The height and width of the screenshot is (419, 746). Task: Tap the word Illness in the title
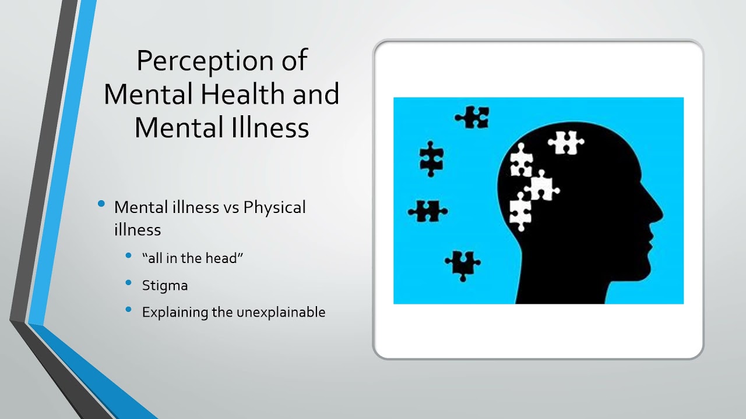pos(266,127)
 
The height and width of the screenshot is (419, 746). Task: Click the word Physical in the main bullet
pos(275,207)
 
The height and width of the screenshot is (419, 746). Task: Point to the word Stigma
pos(165,285)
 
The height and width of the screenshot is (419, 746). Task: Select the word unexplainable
pos(280,312)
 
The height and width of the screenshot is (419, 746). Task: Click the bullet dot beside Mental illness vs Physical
pos(102,204)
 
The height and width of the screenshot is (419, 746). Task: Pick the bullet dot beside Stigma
pos(129,283)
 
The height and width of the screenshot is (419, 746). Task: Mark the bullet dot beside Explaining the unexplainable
pos(129,310)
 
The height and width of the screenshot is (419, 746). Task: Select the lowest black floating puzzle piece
pos(462,265)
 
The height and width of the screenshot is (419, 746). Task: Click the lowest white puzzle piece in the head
pos(520,211)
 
